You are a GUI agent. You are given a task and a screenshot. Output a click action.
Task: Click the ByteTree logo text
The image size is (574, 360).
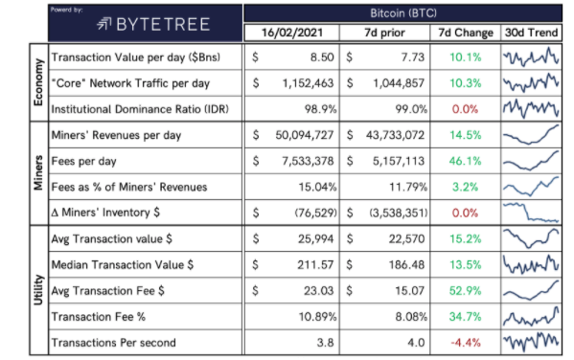[x=163, y=25]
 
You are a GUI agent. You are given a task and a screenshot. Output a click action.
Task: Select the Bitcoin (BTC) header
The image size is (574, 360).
[x=403, y=13]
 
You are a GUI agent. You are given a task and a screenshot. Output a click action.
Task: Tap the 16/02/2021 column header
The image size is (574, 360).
[x=292, y=33]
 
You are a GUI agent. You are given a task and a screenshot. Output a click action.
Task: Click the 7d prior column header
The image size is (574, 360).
[x=384, y=33]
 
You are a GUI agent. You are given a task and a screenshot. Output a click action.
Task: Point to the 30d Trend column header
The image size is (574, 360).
[x=531, y=33]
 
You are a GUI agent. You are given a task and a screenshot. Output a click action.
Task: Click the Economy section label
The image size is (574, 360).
[x=38, y=82]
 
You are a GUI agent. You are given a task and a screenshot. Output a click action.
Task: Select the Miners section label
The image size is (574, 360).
[x=38, y=173]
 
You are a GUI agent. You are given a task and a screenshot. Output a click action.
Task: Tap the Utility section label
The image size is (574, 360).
[x=38, y=290]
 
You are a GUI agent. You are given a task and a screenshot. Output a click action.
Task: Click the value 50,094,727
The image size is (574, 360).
[x=305, y=135]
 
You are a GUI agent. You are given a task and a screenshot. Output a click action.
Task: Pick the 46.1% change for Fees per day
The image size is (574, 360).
[x=465, y=161]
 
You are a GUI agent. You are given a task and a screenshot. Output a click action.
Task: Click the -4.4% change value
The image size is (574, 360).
[x=466, y=343]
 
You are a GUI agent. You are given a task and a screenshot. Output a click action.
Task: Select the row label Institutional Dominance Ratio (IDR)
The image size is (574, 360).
[x=140, y=109]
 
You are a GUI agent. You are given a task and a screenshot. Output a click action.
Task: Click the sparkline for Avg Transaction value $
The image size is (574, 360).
[x=531, y=238]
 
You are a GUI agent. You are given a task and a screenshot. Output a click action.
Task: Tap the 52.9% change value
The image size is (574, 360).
[x=465, y=291]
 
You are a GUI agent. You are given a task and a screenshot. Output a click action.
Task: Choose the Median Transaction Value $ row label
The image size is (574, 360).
[x=123, y=265]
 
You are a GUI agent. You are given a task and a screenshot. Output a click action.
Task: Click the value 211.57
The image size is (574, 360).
[x=315, y=265]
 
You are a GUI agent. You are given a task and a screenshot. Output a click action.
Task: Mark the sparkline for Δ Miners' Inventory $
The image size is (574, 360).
[x=531, y=213]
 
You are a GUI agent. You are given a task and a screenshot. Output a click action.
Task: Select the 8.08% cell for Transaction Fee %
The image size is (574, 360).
[x=411, y=317]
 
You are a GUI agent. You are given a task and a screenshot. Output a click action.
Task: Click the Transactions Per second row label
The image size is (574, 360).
[x=113, y=343]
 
